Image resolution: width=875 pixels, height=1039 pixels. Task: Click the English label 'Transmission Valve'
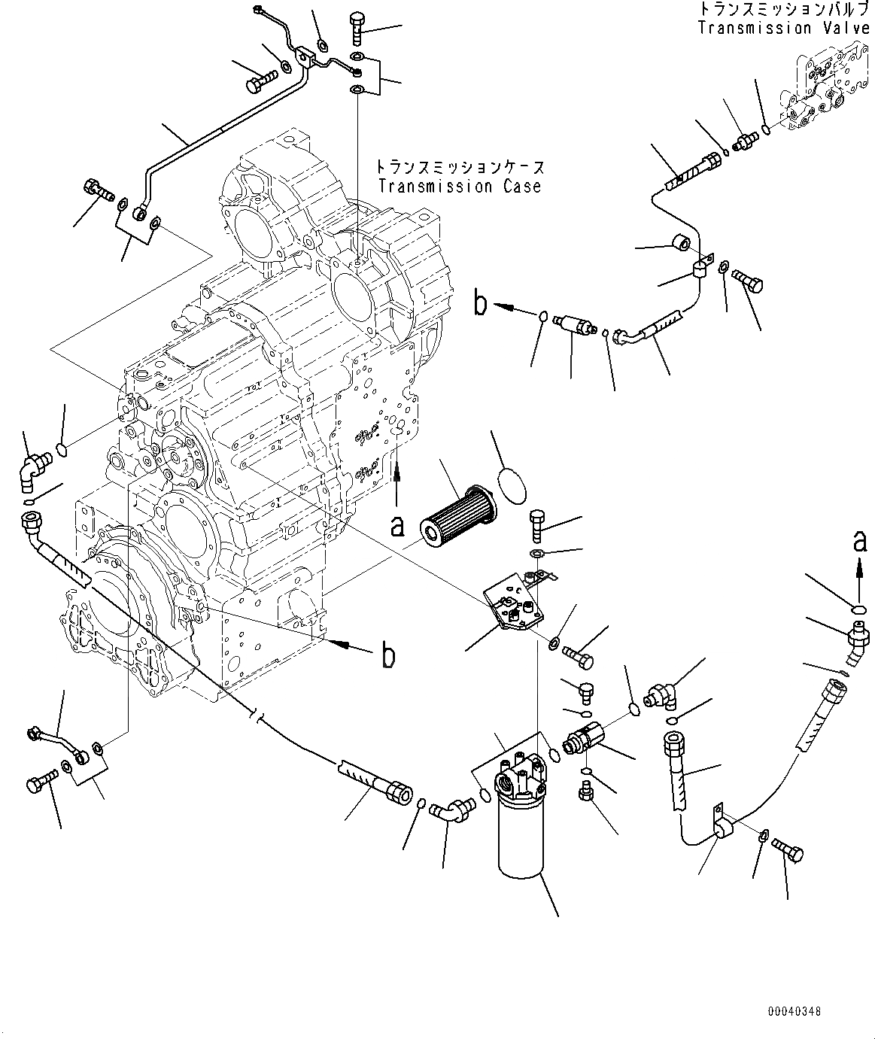(783, 29)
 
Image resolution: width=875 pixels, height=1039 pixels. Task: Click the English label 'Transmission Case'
(460, 186)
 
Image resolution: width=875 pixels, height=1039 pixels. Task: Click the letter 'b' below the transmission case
(388, 656)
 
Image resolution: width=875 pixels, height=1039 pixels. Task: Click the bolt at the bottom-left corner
(42, 782)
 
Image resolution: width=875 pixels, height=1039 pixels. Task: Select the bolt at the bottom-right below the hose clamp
(788, 852)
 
